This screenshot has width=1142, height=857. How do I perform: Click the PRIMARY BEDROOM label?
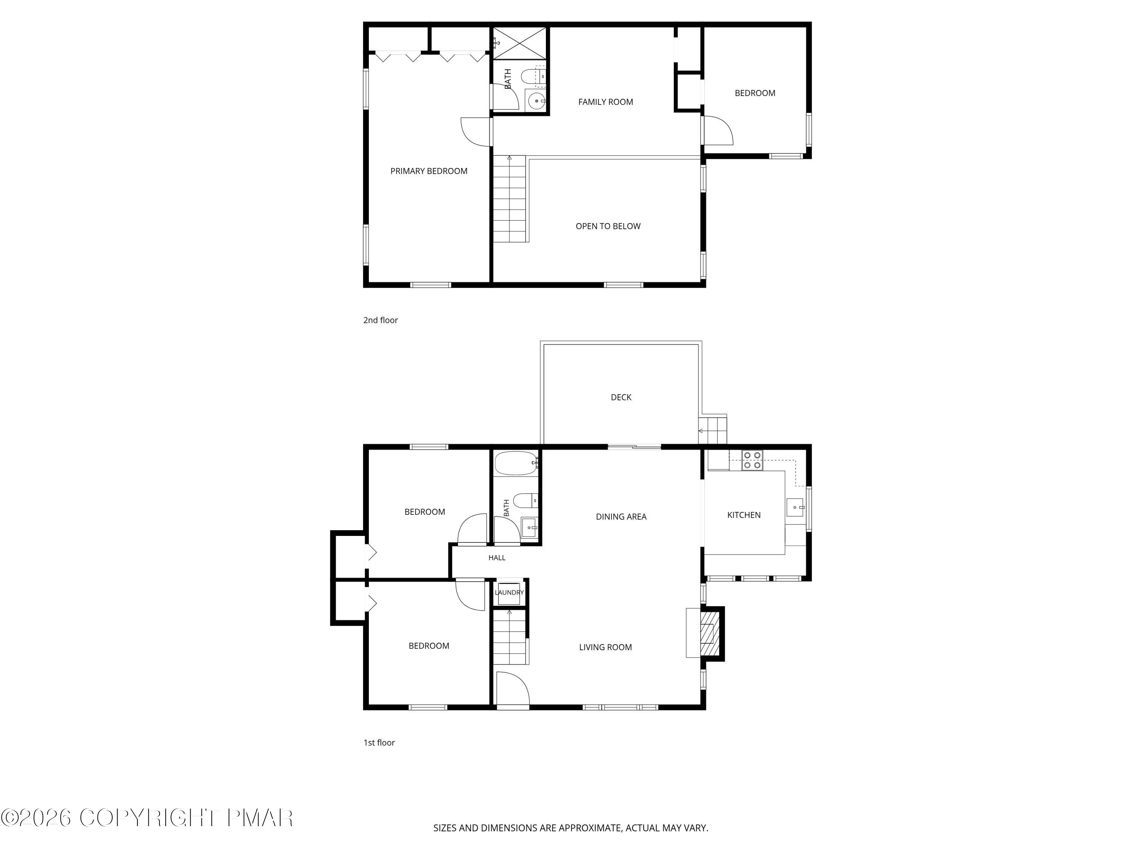coord(429,171)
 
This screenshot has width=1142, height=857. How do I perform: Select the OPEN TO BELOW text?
coord(608,226)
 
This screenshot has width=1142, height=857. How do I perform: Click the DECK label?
coord(621,397)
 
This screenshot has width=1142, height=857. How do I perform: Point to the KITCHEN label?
coord(744,515)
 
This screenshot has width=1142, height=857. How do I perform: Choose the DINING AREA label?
coord(621,516)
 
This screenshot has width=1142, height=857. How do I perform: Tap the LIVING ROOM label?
coord(606,647)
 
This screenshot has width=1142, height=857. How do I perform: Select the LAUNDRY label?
coord(509,593)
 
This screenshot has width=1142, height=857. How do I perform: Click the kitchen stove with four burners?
coord(752,460)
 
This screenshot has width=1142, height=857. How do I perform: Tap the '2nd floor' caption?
coord(381,320)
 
